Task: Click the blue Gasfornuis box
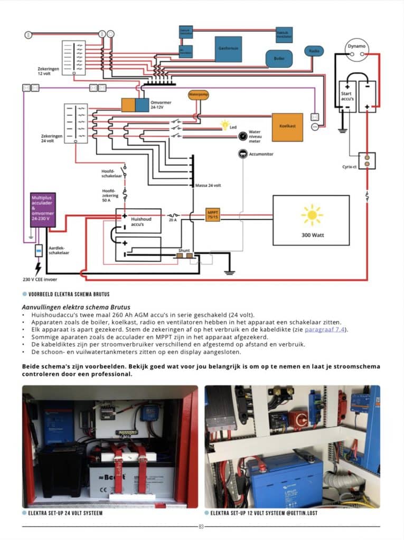click(228, 49)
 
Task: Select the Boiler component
click(278, 58)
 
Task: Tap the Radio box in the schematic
click(314, 51)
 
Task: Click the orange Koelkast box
click(287, 127)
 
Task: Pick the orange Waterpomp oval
click(199, 95)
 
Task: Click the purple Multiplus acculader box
click(43, 210)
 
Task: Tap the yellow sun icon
click(312, 215)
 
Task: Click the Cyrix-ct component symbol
click(367, 160)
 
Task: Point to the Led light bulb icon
click(225, 125)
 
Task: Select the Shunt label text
click(184, 250)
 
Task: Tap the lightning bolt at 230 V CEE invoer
click(39, 267)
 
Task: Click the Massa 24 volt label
click(208, 186)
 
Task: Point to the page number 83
click(201, 526)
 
